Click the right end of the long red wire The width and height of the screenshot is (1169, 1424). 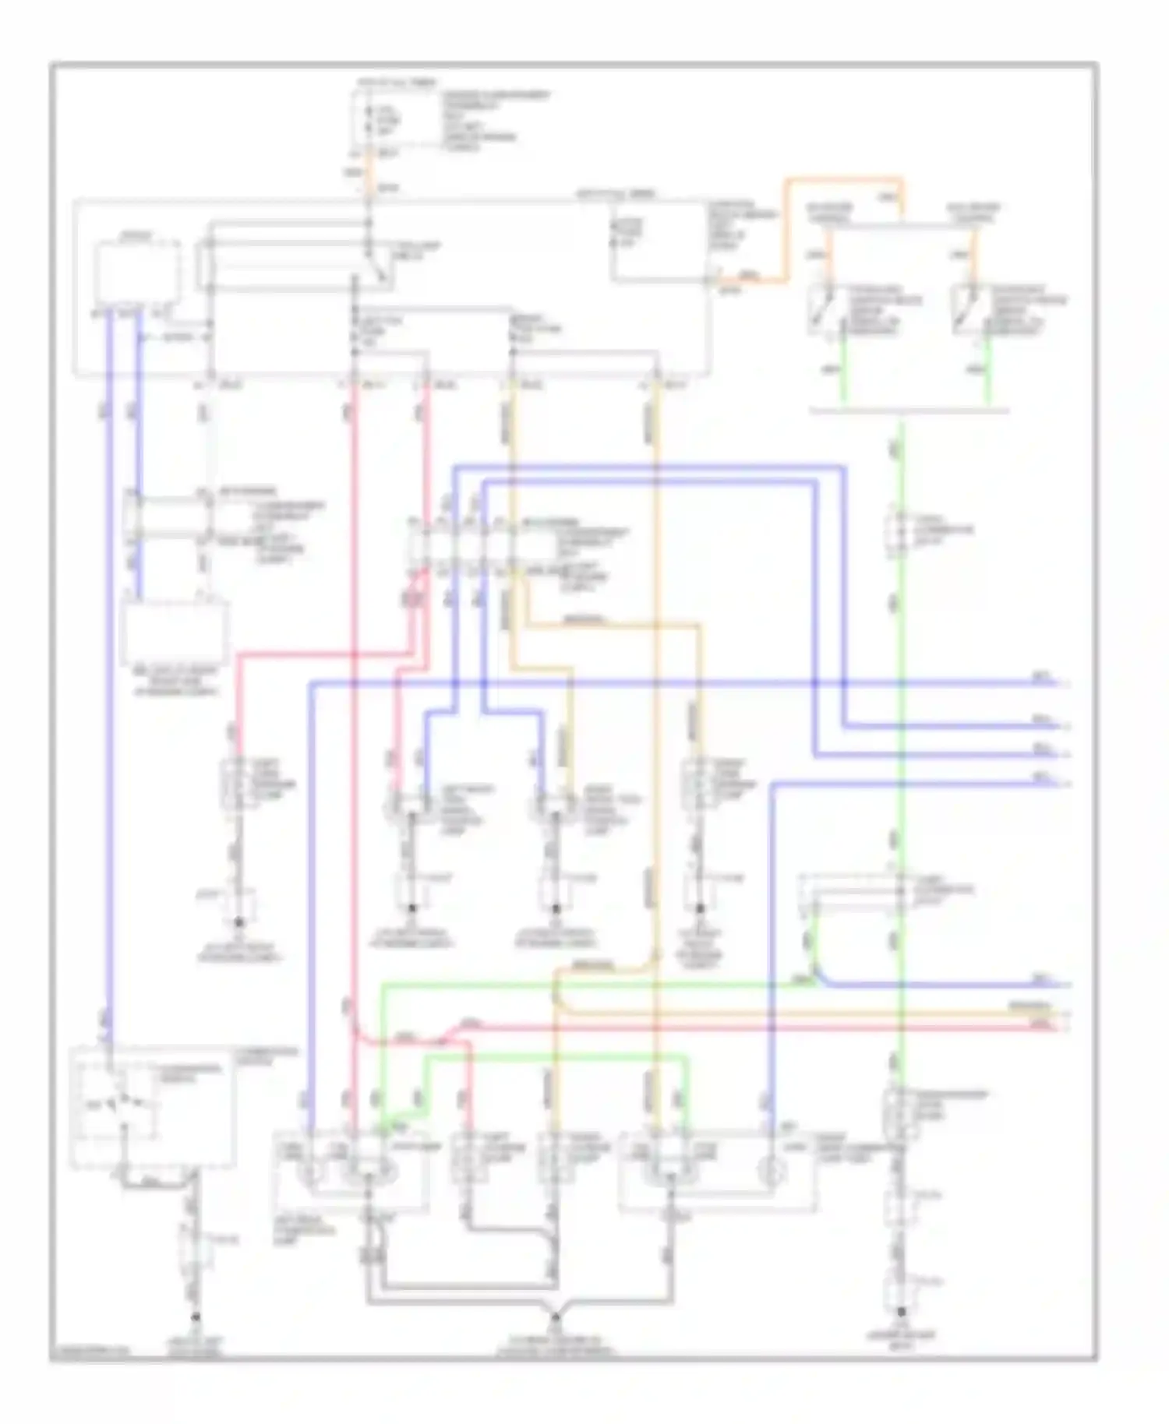[x=1060, y=1027]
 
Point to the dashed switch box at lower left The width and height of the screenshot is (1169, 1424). [x=152, y=1106]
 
